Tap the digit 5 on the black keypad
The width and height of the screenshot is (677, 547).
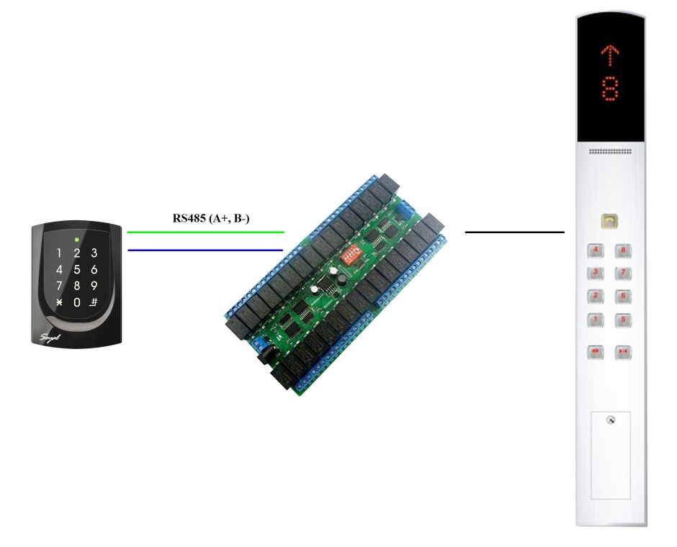tap(76, 270)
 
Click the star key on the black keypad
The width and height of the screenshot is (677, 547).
tap(59, 302)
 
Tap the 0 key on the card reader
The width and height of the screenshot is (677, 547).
tap(76, 302)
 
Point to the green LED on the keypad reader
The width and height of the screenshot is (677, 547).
tap(76, 238)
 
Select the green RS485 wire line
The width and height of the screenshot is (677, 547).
tap(205, 232)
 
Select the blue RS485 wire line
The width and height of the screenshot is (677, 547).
tap(205, 250)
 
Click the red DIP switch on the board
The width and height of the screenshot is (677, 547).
tap(353, 253)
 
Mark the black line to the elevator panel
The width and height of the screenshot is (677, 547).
tap(514, 232)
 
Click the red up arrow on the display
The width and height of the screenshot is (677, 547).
tap(611, 54)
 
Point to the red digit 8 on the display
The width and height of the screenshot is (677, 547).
tap(611, 89)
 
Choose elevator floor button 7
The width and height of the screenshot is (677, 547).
tap(623, 273)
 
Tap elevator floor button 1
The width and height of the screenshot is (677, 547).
tap(596, 320)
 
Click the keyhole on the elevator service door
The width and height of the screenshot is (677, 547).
tap(611, 420)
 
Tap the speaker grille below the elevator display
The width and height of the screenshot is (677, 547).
tap(611, 152)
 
